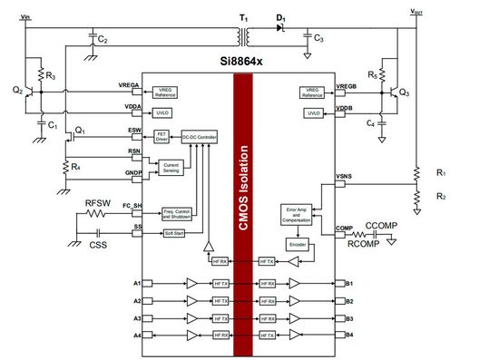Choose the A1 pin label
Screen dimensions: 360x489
tap(137, 282)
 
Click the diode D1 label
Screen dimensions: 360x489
tap(280, 16)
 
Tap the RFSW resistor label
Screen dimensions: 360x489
tap(98, 202)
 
